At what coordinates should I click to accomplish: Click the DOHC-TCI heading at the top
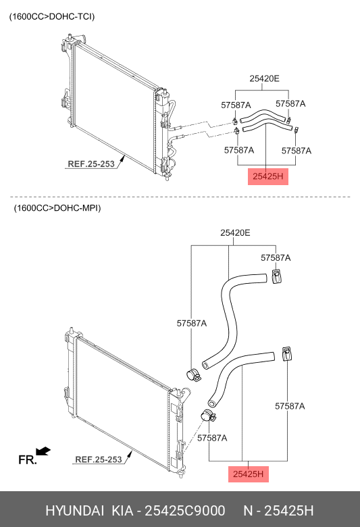52,16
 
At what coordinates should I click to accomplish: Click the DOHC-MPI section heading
57,208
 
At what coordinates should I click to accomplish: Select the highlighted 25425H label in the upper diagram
268,176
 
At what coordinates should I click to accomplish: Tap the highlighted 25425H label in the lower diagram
248,474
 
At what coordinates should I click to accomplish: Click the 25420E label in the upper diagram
264,78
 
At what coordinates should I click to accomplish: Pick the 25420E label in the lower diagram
235,232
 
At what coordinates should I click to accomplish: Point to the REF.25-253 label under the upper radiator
91,164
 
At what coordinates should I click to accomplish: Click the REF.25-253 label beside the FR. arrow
99,459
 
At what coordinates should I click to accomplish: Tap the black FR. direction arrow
43,451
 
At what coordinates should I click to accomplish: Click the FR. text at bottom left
27,460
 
